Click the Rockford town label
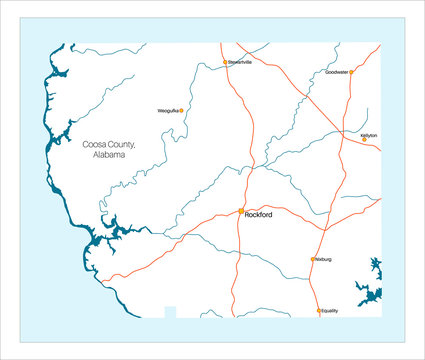point(258,213)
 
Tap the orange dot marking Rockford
point(241,211)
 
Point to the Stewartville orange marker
point(225,62)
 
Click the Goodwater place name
point(336,72)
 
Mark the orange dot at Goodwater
point(351,72)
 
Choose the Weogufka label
point(167,111)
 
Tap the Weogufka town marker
point(181,111)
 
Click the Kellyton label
point(368,134)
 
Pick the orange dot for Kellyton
point(364,140)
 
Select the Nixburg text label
point(322,259)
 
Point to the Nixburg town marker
point(312,259)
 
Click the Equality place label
point(330,311)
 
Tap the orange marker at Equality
point(319,311)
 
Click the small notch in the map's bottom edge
point(170,312)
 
